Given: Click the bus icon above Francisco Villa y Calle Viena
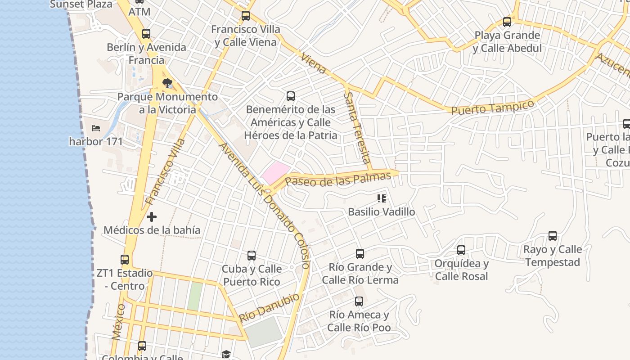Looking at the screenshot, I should pos(246,16).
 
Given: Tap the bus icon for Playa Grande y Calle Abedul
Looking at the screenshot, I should pos(507,22).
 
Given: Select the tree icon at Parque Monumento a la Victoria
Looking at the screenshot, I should pos(167,83).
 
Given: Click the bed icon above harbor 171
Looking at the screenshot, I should pos(96,128).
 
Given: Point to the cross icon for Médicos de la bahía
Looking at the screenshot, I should pos(152,217).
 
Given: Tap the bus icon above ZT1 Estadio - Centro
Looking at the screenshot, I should pos(125,259).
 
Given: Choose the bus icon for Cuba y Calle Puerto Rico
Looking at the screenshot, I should pos(252,256).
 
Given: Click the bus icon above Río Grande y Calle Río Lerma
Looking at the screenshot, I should pos(360,253).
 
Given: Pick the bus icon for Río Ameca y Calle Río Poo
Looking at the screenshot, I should pos(359,301).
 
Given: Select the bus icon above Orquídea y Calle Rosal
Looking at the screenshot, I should pos(461,250).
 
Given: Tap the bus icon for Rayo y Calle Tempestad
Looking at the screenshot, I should pos(553,235).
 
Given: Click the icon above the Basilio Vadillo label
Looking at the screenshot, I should pos(382,198).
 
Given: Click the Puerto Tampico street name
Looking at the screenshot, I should pos(492,108).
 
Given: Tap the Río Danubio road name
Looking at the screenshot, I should pos(269,307).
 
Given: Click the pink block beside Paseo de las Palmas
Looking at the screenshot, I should pos(275,172).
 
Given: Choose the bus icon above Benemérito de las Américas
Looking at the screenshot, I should pos(291,96).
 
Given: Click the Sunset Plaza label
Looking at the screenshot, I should pos(81,4).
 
